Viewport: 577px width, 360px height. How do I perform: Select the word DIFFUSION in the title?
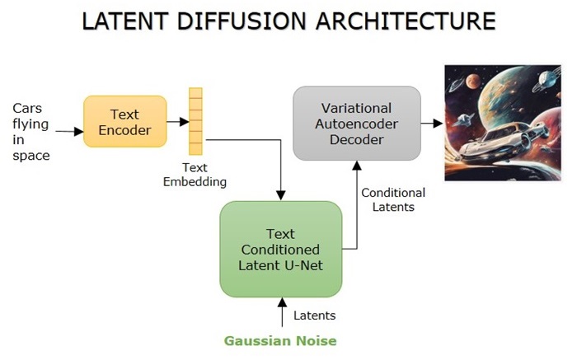[247, 21]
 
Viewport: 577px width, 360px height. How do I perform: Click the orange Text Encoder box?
[124, 121]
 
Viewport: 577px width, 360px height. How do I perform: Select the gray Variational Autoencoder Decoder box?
[357, 124]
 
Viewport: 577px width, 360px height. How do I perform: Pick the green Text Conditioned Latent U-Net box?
[280, 249]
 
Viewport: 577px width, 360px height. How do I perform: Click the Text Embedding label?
[195, 173]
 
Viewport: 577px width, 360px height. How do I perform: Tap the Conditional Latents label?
[393, 199]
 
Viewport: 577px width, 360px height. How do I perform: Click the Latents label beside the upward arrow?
[314, 315]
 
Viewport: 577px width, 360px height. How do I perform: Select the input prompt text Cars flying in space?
[30, 132]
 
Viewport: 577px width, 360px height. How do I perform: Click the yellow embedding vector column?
[195, 122]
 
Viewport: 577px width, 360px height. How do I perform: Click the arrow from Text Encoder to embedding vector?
[176, 121]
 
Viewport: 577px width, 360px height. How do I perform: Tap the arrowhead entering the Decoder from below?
[356, 165]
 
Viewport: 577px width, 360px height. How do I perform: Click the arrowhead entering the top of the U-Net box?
[281, 195]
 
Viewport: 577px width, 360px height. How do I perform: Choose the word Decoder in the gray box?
[357, 140]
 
